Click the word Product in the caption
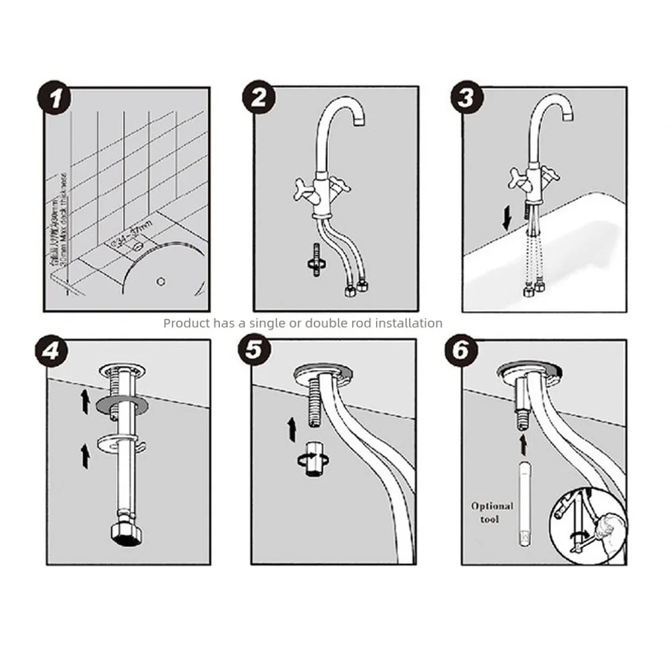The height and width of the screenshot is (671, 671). click(x=186, y=323)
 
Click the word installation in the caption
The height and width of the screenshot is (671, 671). click(x=408, y=323)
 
